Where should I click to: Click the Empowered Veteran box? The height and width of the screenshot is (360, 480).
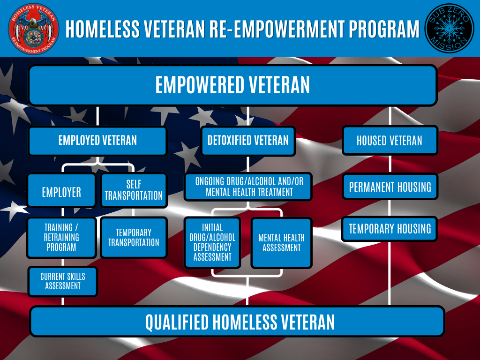coord(232,85)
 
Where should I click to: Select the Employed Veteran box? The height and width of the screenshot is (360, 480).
coord(97,141)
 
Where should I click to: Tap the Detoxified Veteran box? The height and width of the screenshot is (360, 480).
coord(248,141)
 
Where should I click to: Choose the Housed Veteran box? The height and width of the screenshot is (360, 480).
coord(390,141)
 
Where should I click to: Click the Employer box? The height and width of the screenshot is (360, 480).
coord(61,191)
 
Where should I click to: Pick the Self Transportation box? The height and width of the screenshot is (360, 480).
coord(134,190)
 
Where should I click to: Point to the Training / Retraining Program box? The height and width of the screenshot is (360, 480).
coord(61,237)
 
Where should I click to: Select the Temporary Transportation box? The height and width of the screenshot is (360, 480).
coord(134,237)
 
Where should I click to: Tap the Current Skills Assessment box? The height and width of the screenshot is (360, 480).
coord(63,281)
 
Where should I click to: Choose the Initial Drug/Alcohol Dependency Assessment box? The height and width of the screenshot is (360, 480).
coord(212,242)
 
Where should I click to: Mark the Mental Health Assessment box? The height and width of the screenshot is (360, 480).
coord(281,242)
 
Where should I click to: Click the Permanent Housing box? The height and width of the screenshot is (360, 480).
coord(390,187)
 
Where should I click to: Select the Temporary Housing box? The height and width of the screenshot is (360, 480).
coord(390,229)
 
